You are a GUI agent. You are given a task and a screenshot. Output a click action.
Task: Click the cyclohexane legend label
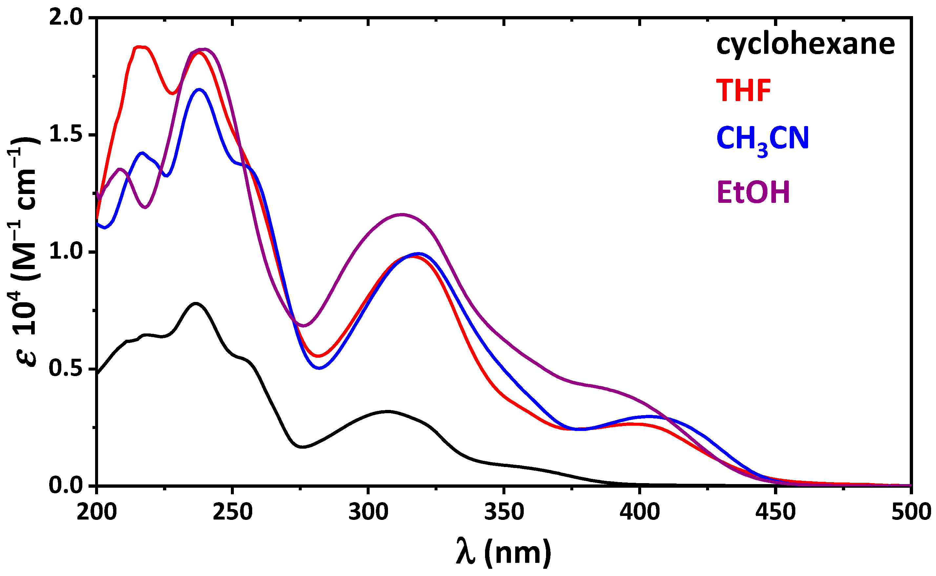pos(805,45)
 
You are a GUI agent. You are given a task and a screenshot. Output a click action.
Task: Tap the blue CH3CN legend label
pos(763,139)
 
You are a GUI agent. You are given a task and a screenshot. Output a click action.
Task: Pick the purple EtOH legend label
pos(753,192)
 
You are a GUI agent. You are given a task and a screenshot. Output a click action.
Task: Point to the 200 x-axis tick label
pos(97,512)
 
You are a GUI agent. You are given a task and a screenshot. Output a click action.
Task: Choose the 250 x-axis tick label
pos(233,512)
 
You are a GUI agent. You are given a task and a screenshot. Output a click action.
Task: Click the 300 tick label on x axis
pos(368,512)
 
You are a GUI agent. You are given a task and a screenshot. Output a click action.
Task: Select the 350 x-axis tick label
pos(504,512)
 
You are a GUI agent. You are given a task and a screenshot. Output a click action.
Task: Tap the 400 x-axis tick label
pos(640,512)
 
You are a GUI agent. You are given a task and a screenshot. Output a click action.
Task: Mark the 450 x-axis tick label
pos(775,512)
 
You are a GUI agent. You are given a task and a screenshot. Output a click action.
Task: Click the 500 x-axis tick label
pos(911,512)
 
